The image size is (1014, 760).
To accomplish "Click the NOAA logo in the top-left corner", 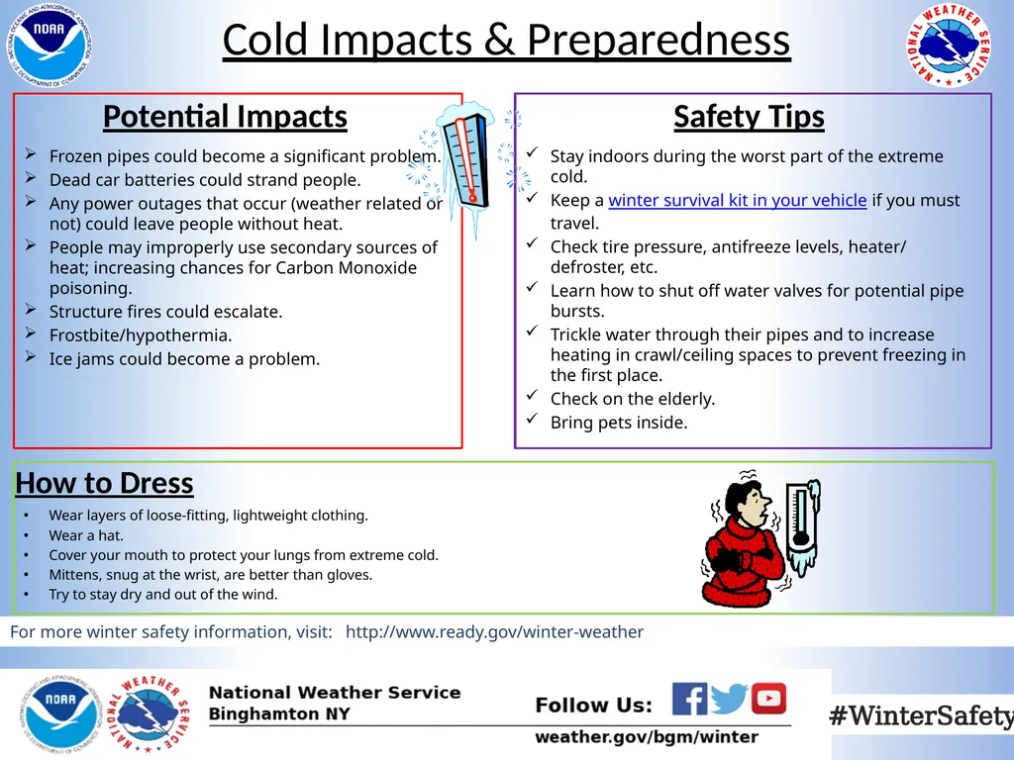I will (x=52, y=44).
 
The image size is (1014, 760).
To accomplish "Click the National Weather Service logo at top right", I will (x=950, y=47).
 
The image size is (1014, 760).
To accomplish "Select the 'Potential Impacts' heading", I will (x=225, y=117).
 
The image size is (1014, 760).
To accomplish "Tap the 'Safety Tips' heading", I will (x=749, y=117).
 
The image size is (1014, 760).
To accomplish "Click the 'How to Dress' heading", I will (x=104, y=483).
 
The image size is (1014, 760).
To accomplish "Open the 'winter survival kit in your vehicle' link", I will (x=737, y=201).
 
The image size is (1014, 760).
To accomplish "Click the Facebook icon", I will (x=689, y=699).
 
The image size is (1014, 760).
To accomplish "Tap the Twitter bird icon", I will (x=729, y=699).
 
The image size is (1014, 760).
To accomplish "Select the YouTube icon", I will (x=768, y=699).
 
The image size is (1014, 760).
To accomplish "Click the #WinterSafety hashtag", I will (x=920, y=715).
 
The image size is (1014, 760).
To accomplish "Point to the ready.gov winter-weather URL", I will (x=494, y=632).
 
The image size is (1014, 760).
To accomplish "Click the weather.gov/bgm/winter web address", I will (x=647, y=737).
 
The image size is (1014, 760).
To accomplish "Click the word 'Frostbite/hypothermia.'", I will (x=141, y=335).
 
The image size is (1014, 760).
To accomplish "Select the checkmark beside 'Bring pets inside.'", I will (x=532, y=421).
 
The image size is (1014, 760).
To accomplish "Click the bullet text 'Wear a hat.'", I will (x=86, y=535).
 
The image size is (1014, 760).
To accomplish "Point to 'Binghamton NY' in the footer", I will (x=279, y=714).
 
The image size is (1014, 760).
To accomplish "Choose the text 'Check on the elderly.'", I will (x=633, y=399).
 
